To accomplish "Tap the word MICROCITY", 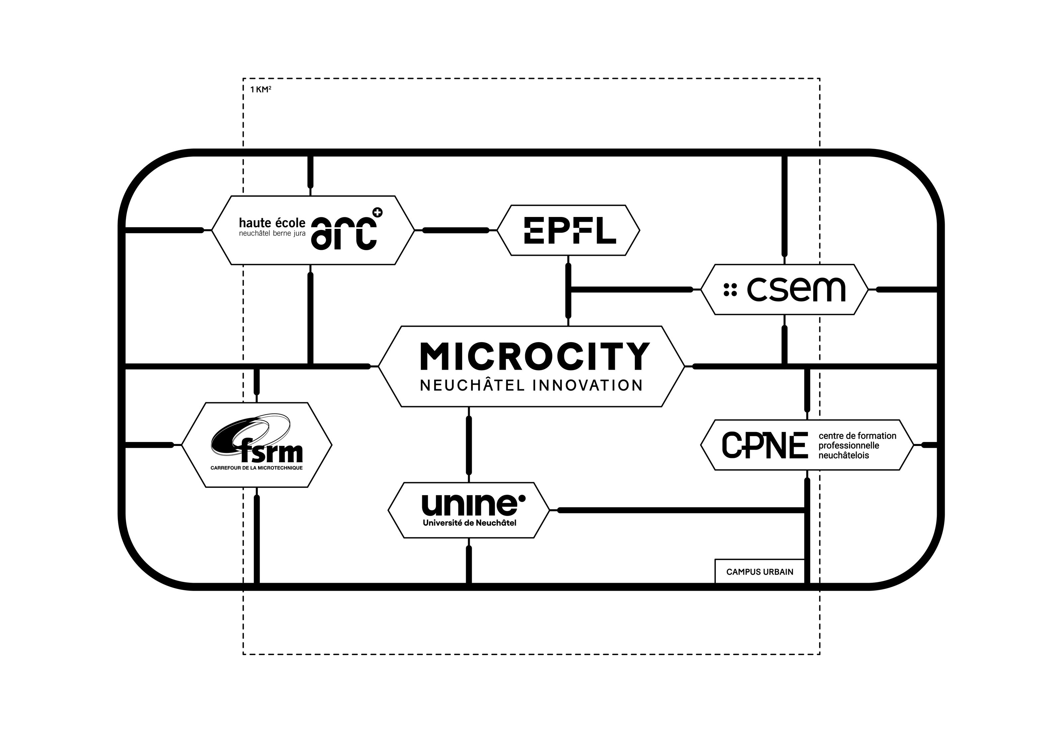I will (535, 357).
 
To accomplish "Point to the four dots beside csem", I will (730, 289).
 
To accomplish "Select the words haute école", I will (272, 223).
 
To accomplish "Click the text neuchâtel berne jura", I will (272, 234).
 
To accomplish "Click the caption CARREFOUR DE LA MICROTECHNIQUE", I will (256, 468).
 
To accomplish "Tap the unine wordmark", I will (469, 505).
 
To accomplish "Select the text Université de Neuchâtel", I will (469, 523).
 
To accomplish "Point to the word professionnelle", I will (849, 446).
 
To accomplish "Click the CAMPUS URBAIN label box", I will (760, 572).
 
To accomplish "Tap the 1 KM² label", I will (260, 90).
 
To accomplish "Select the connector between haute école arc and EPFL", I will (455, 230).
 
